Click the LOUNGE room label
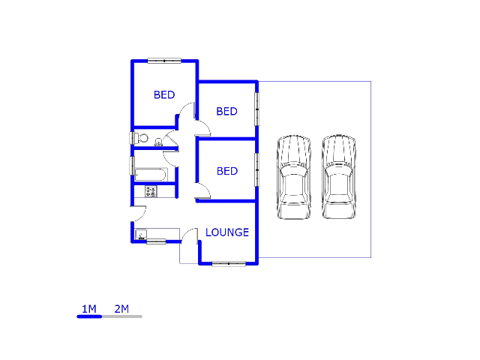pyautogui.click(x=227, y=232)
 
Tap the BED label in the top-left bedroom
pyautogui.click(x=164, y=95)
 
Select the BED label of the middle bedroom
pyautogui.click(x=226, y=112)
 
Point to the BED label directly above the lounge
pyautogui.click(x=227, y=171)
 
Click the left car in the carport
pyautogui.click(x=293, y=177)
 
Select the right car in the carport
pyautogui.click(x=338, y=177)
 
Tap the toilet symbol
pyautogui.click(x=142, y=138)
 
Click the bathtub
pyautogui.click(x=151, y=175)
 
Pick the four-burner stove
pyautogui.click(x=151, y=192)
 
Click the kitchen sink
pyautogui.click(x=141, y=235)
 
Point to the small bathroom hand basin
pyautogui.click(x=158, y=142)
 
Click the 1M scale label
pyautogui.click(x=89, y=309)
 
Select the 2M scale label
pyautogui.click(x=121, y=309)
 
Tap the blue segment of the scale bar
pyautogui.click(x=89, y=316)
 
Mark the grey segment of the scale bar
pyautogui.click(x=122, y=316)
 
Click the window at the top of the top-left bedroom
pyautogui.click(x=164, y=61)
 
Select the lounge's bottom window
pyautogui.click(x=229, y=263)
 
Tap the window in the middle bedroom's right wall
pyautogui.click(x=256, y=109)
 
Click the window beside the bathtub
pyautogui.click(x=132, y=166)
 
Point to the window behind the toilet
pyautogui.click(x=132, y=138)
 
